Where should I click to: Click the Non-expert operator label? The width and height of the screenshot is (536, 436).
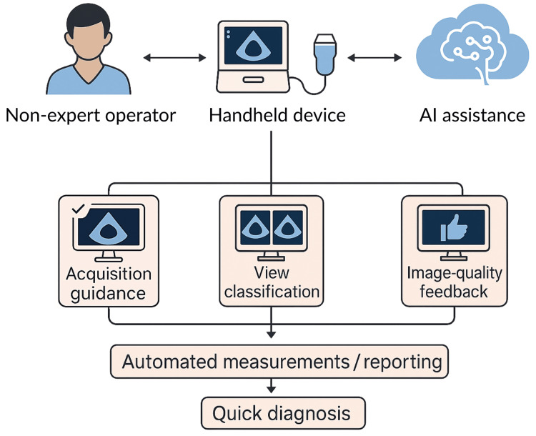[x=91, y=116]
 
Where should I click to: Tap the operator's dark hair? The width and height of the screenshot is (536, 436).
[x=88, y=17]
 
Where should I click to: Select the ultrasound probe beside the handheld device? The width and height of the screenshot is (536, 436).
[x=325, y=54]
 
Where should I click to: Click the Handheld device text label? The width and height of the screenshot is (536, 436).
[x=277, y=115]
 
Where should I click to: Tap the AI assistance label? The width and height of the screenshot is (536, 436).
[x=472, y=115]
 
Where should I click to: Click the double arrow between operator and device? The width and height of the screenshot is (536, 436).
[x=174, y=57]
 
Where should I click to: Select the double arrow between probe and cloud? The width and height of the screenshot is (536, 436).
[x=374, y=57]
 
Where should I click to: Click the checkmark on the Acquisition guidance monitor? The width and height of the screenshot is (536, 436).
[x=78, y=208]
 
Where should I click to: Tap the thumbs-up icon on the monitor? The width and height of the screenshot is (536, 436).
[x=454, y=227]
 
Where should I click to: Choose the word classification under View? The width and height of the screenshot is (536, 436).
[x=272, y=292]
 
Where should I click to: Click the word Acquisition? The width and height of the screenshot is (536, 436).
[x=109, y=274]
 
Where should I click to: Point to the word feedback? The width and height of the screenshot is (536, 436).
[x=454, y=292]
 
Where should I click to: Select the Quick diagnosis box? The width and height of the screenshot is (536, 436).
[x=283, y=413]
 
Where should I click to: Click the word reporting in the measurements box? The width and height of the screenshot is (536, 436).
[x=402, y=362]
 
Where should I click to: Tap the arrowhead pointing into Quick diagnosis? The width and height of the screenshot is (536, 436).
[x=271, y=389]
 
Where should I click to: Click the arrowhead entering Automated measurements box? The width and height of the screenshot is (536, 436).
[x=271, y=334]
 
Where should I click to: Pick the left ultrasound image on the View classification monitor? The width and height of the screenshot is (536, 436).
[x=254, y=227]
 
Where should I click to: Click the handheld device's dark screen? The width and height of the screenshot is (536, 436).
[x=253, y=46]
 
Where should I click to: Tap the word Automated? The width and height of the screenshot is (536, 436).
[x=169, y=362]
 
